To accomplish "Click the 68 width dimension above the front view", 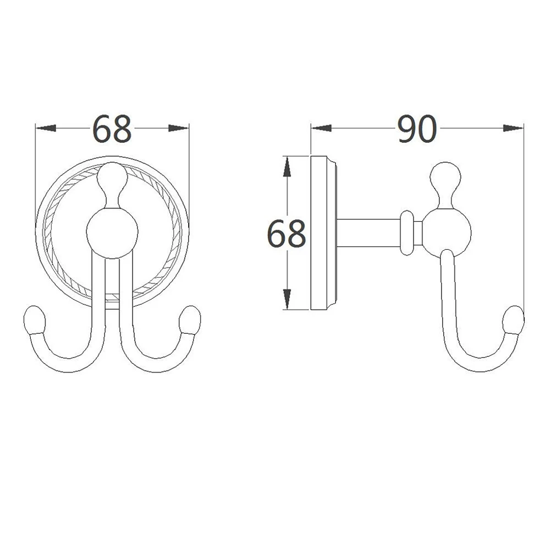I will pyautogui.click(x=112, y=129).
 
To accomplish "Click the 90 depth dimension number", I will pyautogui.click(x=417, y=129).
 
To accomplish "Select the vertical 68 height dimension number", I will pyautogui.click(x=286, y=234).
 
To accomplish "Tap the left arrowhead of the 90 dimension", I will pyautogui.click(x=322, y=129).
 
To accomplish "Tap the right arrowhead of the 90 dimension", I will pyautogui.click(x=513, y=129).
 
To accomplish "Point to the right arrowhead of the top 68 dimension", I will pyautogui.click(x=178, y=129).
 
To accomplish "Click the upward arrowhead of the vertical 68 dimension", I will pyautogui.click(x=286, y=166).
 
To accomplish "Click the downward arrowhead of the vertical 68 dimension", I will pyautogui.click(x=286, y=300).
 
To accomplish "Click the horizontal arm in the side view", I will pyautogui.click(x=368, y=234).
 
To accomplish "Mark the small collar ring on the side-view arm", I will pyautogui.click(x=406, y=233).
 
